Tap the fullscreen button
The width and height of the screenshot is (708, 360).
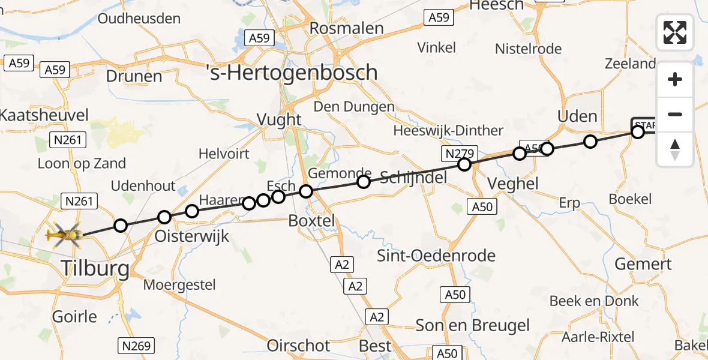point(675,32)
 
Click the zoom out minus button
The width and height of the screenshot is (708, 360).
point(675,114)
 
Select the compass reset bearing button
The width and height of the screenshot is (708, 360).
point(675,149)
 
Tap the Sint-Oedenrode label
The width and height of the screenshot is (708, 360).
point(436,256)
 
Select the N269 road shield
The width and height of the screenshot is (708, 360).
point(137,346)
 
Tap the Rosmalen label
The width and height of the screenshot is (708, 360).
point(346,28)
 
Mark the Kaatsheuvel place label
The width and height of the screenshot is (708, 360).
point(44,115)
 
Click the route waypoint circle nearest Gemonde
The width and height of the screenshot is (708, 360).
point(363,182)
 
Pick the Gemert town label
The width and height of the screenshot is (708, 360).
point(644,263)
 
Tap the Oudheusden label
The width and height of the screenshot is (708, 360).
point(139,18)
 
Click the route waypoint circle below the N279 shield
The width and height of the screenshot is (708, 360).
point(464,164)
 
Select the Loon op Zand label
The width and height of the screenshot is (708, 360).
point(82,163)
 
